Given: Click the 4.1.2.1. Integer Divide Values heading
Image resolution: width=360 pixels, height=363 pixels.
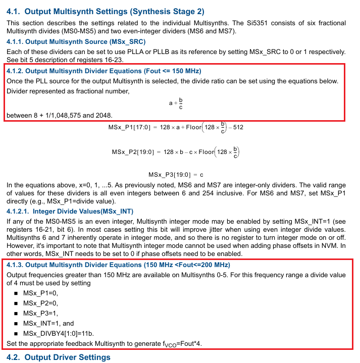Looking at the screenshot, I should coord(70,211).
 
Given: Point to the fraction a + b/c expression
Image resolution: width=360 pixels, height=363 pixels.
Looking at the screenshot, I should coord(176,103).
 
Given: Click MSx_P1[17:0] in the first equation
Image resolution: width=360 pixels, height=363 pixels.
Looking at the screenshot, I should coord(129,127).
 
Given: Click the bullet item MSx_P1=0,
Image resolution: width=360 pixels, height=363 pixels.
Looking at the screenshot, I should coord(40,293).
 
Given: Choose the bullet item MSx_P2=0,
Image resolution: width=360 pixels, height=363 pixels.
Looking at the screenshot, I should coord(40,303).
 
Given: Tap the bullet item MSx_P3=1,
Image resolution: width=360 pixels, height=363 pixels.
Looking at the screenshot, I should coord(40,313).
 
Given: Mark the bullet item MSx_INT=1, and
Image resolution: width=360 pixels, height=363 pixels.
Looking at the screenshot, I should coord(48,323).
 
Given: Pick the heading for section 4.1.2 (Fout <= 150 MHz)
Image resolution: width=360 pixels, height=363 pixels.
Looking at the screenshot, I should coord(104,71).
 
